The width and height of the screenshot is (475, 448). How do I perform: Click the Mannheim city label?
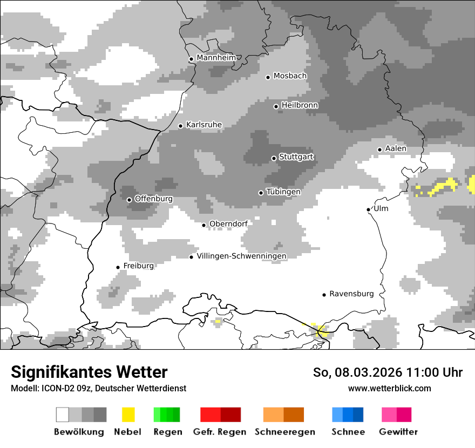click(216, 58)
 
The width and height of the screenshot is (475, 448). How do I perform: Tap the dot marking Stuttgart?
click(274, 158)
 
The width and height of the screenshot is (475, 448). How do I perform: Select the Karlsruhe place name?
click(203, 125)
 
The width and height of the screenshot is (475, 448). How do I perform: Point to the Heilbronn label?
click(300, 105)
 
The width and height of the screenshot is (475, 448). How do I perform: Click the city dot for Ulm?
click(369, 209)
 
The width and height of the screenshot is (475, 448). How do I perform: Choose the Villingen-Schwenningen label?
click(241, 256)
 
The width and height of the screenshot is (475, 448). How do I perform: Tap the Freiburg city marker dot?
click(118, 267)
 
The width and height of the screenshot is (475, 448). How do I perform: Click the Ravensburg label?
click(351, 294)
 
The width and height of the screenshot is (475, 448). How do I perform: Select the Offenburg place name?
click(153, 199)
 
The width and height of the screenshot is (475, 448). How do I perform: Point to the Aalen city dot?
click(379, 150)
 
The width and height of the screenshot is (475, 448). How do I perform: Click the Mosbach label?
click(290, 76)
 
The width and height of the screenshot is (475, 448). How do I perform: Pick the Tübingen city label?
click(283, 192)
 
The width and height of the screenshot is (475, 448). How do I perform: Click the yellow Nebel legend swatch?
click(128, 415)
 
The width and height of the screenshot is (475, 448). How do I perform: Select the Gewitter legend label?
click(398, 432)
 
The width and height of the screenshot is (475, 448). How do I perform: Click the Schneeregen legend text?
click(285, 432)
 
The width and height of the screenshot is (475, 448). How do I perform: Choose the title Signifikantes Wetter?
click(89, 372)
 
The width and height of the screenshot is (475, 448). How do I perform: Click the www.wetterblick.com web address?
click(389, 388)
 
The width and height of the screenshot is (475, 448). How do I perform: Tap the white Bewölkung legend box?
click(63, 415)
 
